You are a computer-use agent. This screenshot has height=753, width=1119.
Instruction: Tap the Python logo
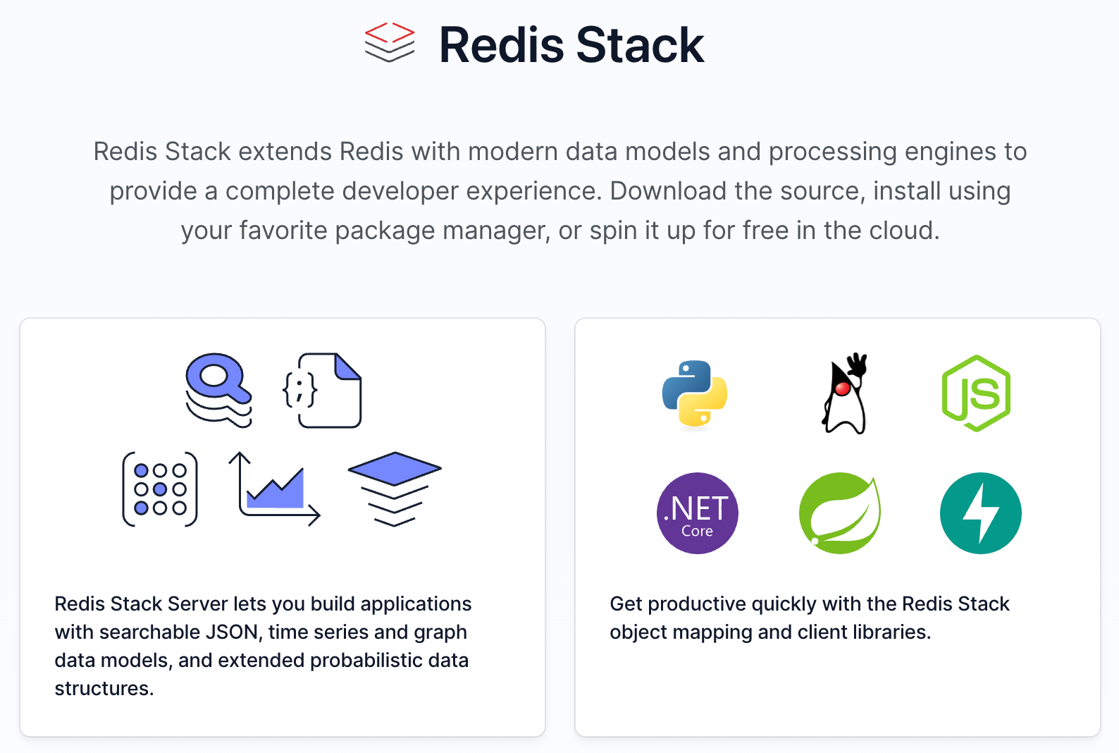coord(695,393)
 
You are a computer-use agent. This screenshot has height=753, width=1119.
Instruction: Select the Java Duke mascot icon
coord(844,393)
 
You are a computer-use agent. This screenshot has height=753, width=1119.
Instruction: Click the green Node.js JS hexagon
coord(976,393)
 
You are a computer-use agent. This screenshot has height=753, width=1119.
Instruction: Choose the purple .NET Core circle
coord(697,513)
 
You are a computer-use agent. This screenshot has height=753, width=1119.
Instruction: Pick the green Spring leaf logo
coord(839,513)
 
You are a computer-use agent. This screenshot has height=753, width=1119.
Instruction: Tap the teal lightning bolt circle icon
coord(980,513)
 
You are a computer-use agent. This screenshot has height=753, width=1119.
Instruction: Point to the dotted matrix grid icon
coord(160,489)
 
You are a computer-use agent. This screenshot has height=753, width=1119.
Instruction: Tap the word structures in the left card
coord(104,689)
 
